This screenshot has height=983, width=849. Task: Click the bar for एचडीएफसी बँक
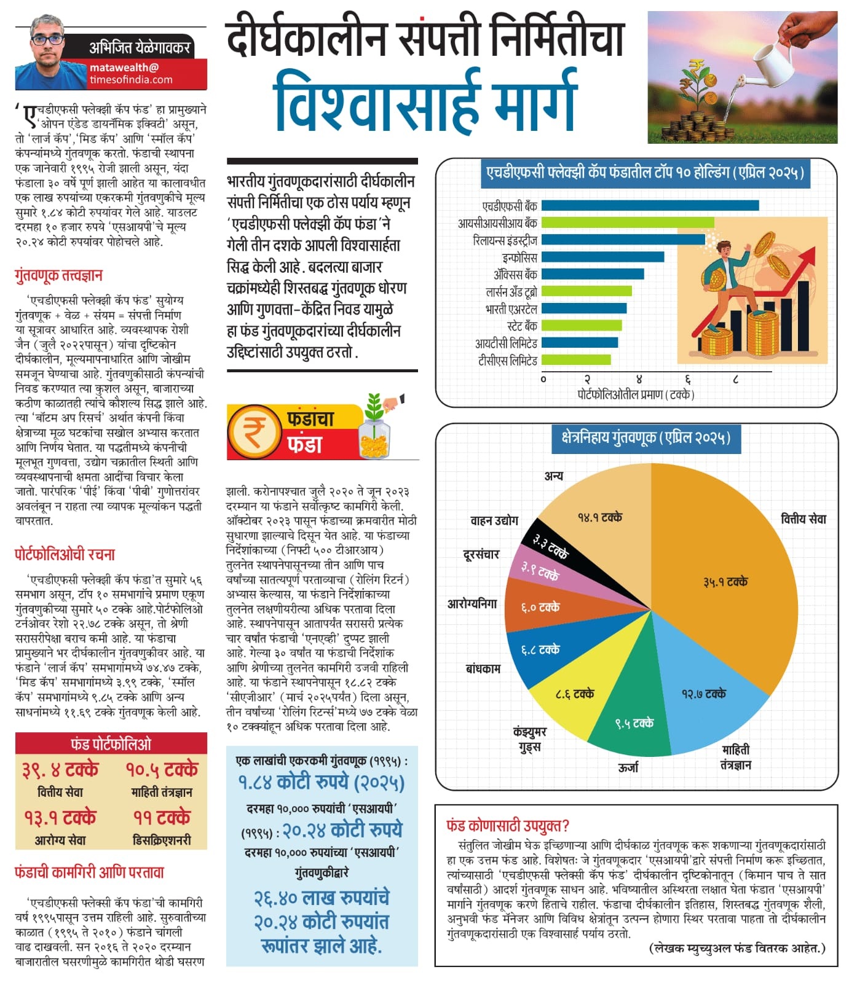click(650, 205)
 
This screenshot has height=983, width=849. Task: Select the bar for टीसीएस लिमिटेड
click(576, 359)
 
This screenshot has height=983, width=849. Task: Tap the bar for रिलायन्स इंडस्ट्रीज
click(623, 240)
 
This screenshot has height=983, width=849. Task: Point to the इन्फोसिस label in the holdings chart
click(519, 257)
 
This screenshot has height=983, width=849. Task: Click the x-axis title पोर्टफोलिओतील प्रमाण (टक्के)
click(636, 394)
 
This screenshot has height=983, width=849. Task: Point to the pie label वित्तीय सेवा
click(803, 519)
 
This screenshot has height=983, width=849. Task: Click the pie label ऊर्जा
click(628, 767)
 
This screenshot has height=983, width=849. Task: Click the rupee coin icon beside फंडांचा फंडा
click(252, 431)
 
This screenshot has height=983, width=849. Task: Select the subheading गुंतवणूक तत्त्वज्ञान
click(58, 275)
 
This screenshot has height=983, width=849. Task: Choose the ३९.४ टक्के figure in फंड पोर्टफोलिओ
click(60, 770)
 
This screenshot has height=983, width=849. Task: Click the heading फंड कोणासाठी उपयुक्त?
click(508, 825)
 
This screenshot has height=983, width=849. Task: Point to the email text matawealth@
click(124, 68)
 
